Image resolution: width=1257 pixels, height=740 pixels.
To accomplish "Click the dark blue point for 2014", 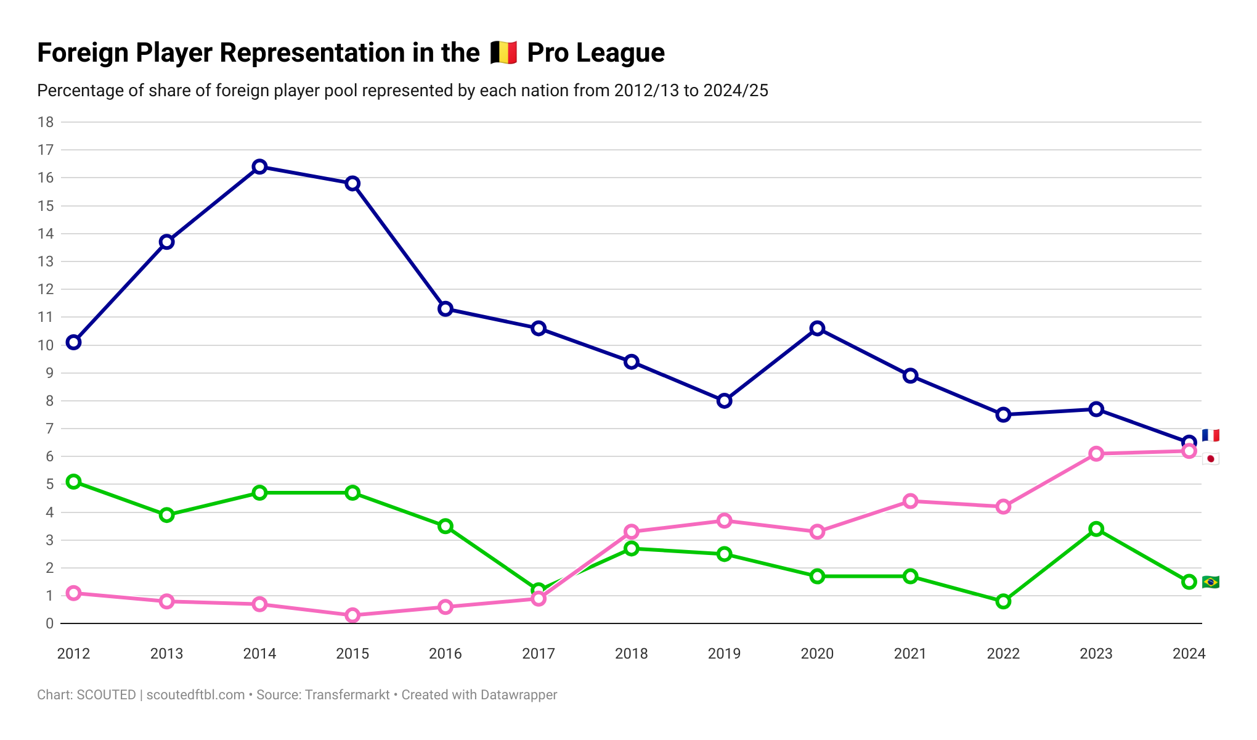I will [259, 166].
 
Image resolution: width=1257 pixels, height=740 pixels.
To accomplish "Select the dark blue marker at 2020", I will [817, 328].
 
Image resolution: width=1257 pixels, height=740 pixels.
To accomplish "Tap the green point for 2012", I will [73, 482].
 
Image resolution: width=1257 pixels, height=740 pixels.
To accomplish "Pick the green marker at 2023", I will [1096, 529].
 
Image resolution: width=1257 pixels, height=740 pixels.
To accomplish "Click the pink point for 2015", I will [352, 615].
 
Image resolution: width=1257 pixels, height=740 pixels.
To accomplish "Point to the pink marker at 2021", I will [910, 501].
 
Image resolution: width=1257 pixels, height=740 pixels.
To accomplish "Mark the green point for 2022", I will [1003, 601].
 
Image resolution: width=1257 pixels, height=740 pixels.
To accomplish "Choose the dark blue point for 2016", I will [445, 309].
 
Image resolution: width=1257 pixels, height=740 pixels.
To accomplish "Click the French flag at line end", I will [1210, 435].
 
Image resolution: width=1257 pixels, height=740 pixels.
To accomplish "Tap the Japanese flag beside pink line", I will [1210, 459].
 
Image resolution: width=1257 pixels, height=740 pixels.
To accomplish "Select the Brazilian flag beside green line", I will [1210, 582].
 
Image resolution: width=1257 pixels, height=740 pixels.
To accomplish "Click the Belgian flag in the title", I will [503, 53].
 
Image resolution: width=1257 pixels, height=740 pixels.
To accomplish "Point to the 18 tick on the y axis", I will [46, 122].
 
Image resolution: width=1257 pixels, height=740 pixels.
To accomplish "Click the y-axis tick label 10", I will [46, 345].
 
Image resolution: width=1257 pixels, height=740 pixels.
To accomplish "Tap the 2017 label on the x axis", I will [538, 654].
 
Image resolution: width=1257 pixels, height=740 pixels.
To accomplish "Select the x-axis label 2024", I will [1189, 654].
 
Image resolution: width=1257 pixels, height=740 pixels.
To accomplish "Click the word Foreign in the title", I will [83, 53].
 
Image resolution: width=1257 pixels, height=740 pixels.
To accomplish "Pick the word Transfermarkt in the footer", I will [347, 695].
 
